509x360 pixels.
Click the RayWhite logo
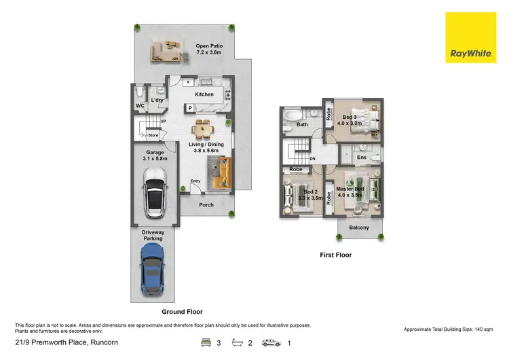click(470, 38)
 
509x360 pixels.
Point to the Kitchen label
click(204, 94)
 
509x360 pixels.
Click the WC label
click(139, 106)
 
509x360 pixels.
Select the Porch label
click(206, 204)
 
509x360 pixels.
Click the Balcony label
click(359, 228)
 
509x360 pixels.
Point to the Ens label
click(362, 157)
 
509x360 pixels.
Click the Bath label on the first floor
click(302, 124)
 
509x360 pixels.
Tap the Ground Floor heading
click(182, 312)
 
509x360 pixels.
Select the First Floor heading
click(335, 255)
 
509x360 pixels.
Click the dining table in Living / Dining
click(204, 127)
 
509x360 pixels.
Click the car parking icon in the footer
click(271, 342)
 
